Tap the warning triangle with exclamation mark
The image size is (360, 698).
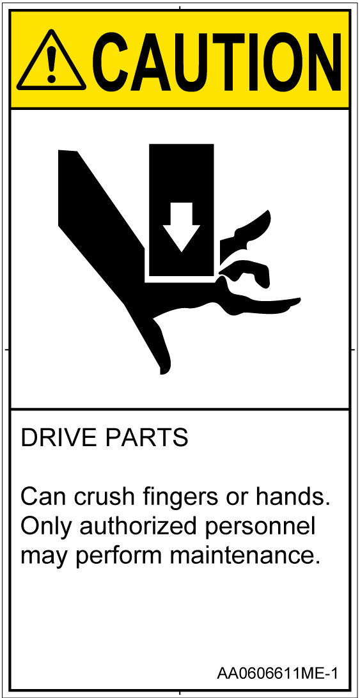click(51, 61)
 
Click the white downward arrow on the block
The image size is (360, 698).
click(181, 227)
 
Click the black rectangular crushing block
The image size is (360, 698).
click(181, 210)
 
